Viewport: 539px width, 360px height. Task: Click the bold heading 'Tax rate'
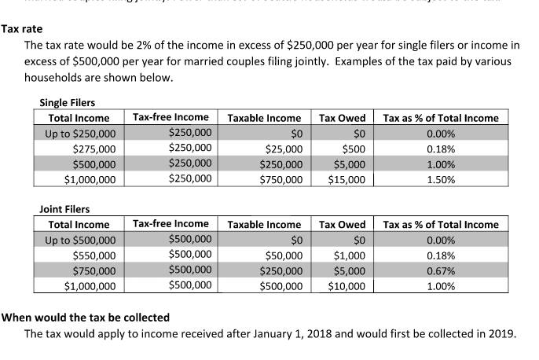point(21,29)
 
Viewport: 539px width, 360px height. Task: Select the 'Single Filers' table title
point(67,102)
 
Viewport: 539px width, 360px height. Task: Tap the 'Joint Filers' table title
point(64,209)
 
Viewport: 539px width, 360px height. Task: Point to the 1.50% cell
point(441,179)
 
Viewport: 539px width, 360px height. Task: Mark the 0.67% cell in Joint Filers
point(441,271)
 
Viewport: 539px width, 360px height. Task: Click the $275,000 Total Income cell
point(93,149)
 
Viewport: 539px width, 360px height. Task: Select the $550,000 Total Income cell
point(93,255)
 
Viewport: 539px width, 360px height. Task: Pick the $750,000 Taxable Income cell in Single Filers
point(280,179)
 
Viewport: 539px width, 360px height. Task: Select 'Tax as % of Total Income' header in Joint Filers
point(441,225)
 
